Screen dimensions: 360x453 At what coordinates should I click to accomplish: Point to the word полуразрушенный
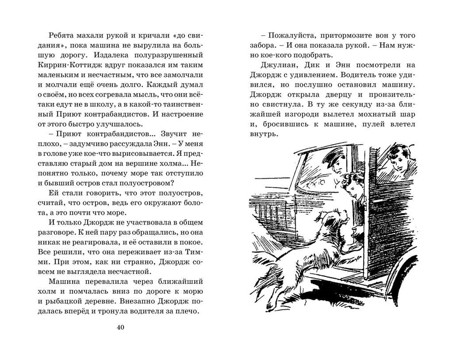175,55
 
